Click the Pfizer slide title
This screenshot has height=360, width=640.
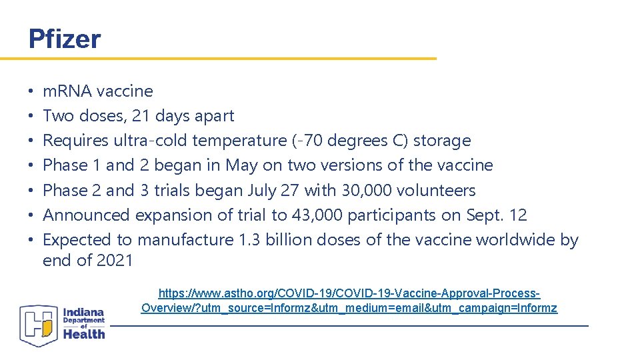click(x=65, y=39)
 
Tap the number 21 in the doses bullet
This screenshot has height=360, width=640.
click(x=141, y=116)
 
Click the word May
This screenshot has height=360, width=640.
click(x=241, y=165)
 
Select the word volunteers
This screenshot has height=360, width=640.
click(x=436, y=191)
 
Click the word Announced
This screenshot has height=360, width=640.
click(x=86, y=215)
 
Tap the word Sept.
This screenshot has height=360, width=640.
click(x=485, y=215)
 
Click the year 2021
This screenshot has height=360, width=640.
click(x=115, y=261)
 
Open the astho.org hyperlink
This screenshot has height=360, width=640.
click(x=349, y=301)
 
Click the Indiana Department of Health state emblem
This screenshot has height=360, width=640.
click(x=39, y=325)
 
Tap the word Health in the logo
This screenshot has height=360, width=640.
click(x=85, y=333)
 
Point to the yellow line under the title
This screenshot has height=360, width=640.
click(x=218, y=59)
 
